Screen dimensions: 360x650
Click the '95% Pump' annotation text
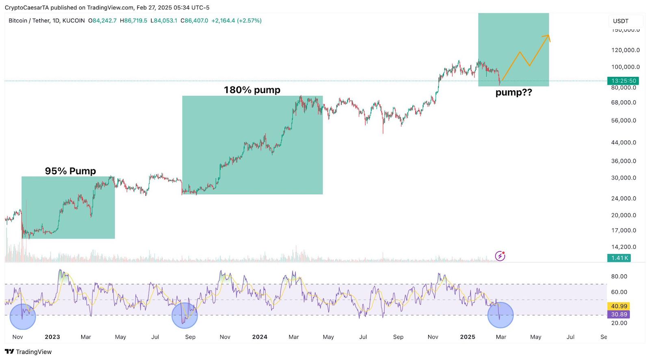70,171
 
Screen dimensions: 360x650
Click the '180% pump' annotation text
252,90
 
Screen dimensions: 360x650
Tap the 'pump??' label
513,93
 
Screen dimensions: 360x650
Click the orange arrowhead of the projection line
548,37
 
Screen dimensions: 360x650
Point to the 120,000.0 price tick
625,50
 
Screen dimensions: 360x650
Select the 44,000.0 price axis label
624,143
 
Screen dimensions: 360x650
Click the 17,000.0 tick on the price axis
624,230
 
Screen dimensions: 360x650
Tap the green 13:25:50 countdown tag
623,81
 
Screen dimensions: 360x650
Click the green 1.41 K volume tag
619,258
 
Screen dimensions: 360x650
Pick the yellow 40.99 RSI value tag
619,306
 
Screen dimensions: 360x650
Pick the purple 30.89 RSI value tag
619,314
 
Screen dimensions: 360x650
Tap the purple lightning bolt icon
500,256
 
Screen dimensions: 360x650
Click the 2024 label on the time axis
260,337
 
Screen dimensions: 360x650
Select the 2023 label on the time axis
52,337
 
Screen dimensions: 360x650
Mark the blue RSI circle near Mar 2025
500,315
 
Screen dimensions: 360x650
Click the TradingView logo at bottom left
28,352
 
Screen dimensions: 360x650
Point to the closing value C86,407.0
195,21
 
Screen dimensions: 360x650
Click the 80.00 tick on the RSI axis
619,276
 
